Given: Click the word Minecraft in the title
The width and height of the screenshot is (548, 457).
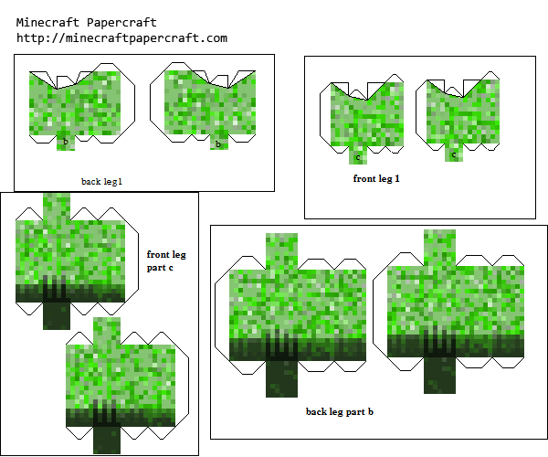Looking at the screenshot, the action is point(47,23).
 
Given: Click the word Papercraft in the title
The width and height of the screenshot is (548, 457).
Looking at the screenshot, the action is point(121,23).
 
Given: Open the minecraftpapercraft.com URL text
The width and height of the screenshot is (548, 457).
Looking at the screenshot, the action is point(122,37).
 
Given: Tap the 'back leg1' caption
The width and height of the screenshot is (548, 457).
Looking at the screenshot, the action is point(101,182).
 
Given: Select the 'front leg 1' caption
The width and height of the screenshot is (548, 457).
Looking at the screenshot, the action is point(376,178).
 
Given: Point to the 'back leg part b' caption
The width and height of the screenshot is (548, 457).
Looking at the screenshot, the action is point(340,412).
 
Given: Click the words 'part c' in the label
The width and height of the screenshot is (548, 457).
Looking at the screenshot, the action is point(160,268).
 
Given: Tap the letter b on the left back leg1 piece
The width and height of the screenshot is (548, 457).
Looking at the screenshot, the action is point(66,142).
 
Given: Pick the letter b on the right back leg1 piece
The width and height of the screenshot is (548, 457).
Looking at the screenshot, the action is point(218,143).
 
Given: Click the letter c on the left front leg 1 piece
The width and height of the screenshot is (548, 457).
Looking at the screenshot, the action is point(358,158).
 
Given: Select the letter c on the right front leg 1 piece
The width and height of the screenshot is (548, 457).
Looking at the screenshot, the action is point(454,154).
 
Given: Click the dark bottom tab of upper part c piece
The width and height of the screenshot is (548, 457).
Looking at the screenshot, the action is point(57,315).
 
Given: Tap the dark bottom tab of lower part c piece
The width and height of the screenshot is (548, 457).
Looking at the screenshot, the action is point(107,440).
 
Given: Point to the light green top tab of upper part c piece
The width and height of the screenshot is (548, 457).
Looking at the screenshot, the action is point(57,207).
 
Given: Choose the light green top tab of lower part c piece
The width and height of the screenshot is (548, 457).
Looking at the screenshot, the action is point(107,331).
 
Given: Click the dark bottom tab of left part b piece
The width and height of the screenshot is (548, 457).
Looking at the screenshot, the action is point(281,378).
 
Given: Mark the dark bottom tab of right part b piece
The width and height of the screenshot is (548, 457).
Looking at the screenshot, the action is point(439,375).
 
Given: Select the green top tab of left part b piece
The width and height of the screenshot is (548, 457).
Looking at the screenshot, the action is point(281,251).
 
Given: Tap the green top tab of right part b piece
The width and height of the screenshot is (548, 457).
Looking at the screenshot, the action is point(439,248).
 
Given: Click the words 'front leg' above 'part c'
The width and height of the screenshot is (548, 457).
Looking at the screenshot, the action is point(166,255).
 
